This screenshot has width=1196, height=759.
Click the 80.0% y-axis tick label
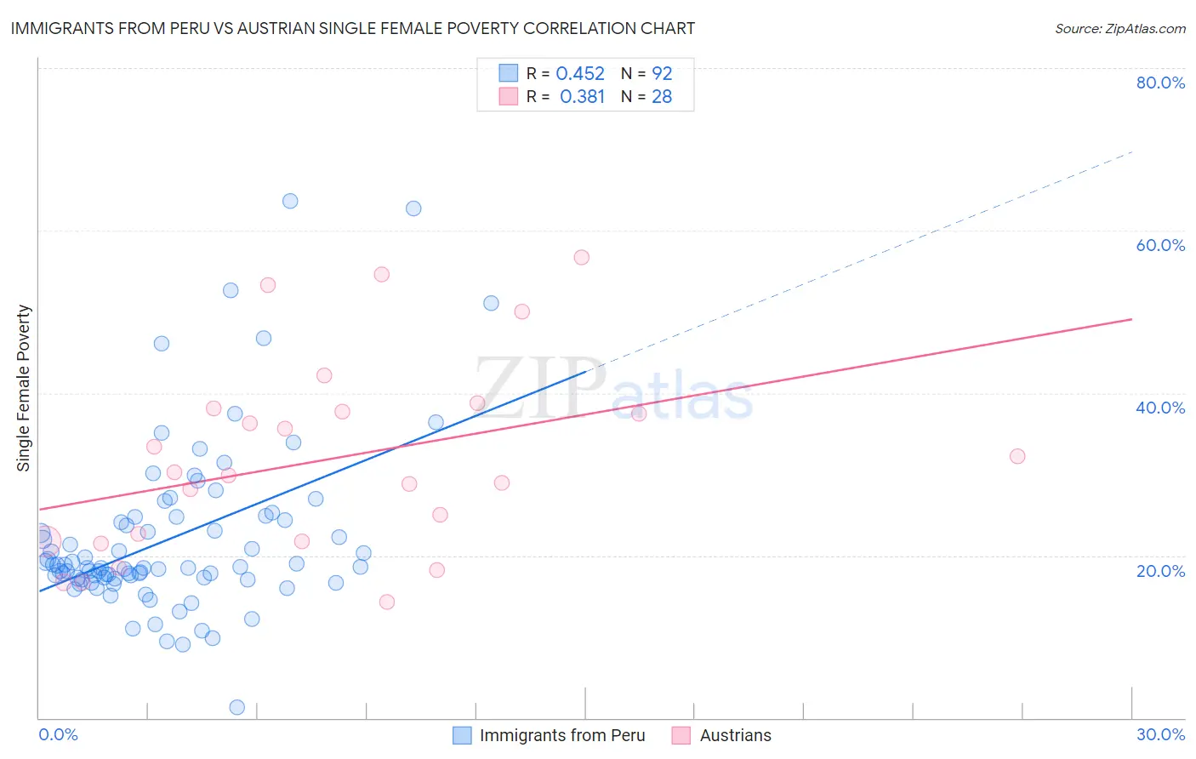[x=1160, y=83]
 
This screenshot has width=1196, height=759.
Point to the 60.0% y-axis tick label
[x=1160, y=245]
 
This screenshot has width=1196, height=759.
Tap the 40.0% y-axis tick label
[x=1160, y=408]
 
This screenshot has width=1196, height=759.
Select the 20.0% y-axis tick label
[x=1160, y=570]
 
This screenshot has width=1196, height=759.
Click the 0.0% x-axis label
[x=58, y=734]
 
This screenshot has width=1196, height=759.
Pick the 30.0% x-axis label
[x=1160, y=734]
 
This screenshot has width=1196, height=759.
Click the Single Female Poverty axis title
[x=24, y=388]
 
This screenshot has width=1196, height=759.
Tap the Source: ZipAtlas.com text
[x=1119, y=29]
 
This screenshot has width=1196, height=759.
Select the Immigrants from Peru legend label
[x=561, y=735]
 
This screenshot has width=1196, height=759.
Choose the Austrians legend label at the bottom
[x=735, y=735]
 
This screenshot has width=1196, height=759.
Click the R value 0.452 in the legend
[x=580, y=74]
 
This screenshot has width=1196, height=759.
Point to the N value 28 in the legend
[x=662, y=97]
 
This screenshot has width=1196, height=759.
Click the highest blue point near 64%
[x=290, y=201]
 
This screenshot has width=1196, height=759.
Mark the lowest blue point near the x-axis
[x=237, y=707]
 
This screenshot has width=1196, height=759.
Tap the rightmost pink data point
[x=1017, y=456]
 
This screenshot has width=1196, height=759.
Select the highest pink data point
[x=582, y=257]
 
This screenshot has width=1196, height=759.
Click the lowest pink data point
[x=387, y=602]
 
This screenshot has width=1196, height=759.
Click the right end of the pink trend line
[x=1131, y=319]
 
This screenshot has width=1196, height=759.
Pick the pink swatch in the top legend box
[x=509, y=96]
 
